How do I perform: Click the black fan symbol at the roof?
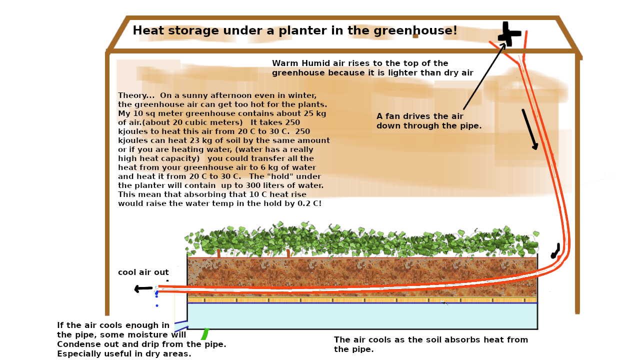pyautogui.click(x=509, y=34)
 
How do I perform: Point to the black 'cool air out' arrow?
pyautogui.click(x=143, y=288)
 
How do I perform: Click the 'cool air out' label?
pyautogui.click(x=143, y=272)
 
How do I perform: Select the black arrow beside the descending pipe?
pyautogui.click(x=529, y=129)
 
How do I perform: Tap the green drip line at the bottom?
pyautogui.click(x=205, y=333)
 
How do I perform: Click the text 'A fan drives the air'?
pyautogui.click(x=420, y=116)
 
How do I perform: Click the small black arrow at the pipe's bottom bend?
pyautogui.click(x=555, y=251)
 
